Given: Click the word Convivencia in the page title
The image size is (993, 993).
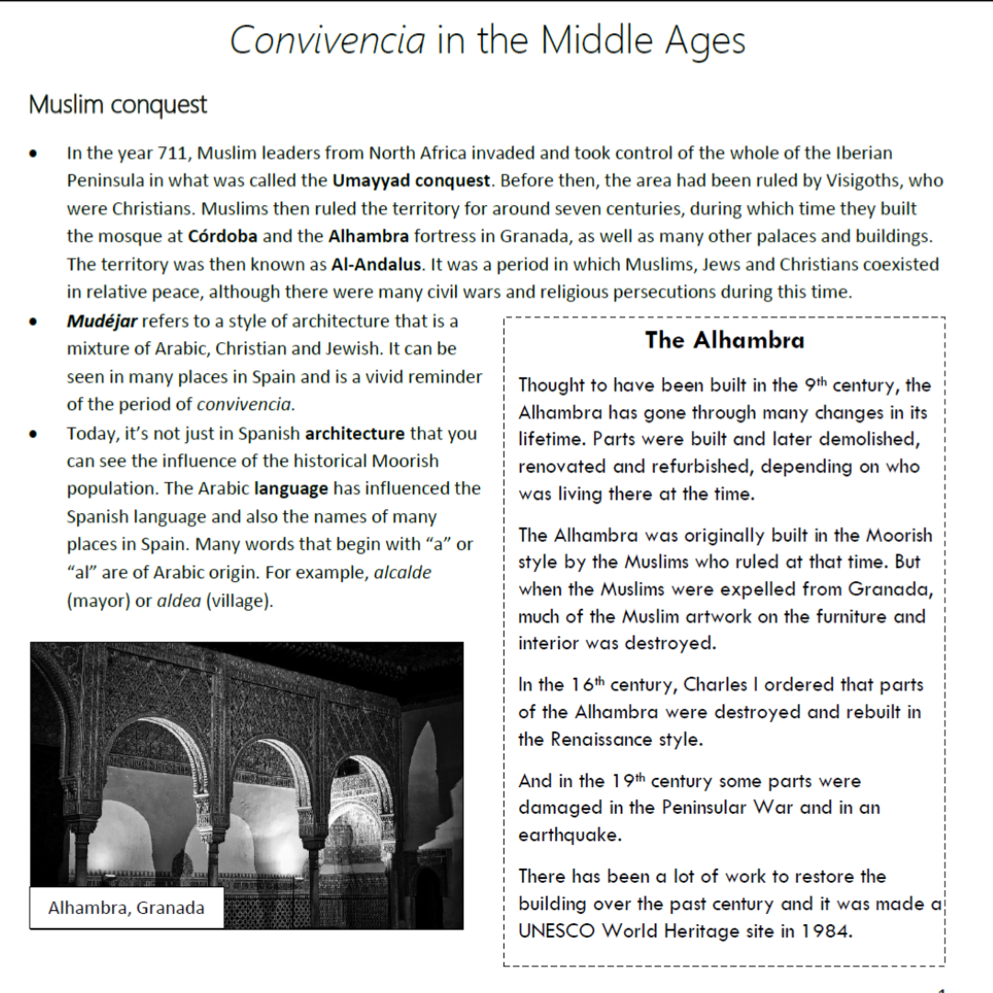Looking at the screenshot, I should click(x=328, y=40).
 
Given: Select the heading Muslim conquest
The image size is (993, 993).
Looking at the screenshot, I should click(x=118, y=105).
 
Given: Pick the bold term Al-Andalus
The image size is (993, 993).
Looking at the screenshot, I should click(x=377, y=265).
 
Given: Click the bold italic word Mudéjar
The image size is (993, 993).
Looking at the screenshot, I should click(x=101, y=321).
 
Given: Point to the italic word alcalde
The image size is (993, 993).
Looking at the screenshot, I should click(x=403, y=573).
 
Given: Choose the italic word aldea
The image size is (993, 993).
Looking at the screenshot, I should click(x=179, y=601).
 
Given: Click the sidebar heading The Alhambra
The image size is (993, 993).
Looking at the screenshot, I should click(x=725, y=340).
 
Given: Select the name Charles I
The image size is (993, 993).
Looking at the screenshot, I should click(x=735, y=684).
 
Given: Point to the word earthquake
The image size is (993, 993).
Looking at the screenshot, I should click(x=569, y=835).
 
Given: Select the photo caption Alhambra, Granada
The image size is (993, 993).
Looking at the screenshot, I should click(x=126, y=908).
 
